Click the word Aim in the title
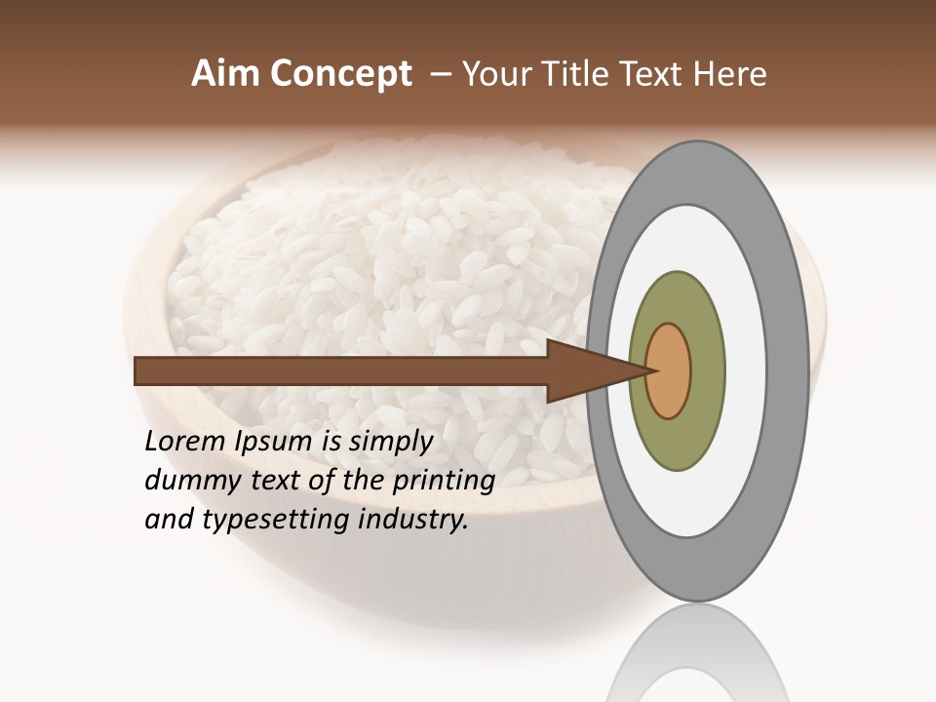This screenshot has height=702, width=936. coord(227,74)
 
